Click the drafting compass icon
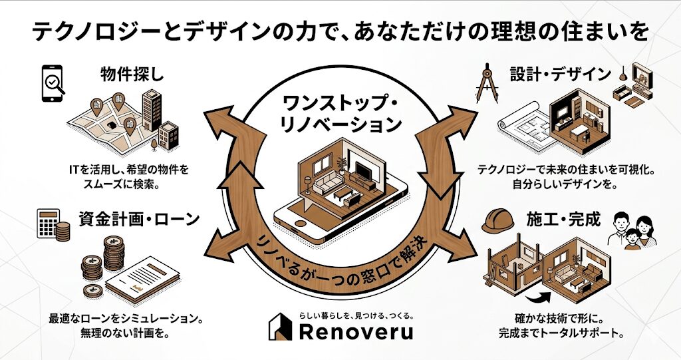click(487, 81)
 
